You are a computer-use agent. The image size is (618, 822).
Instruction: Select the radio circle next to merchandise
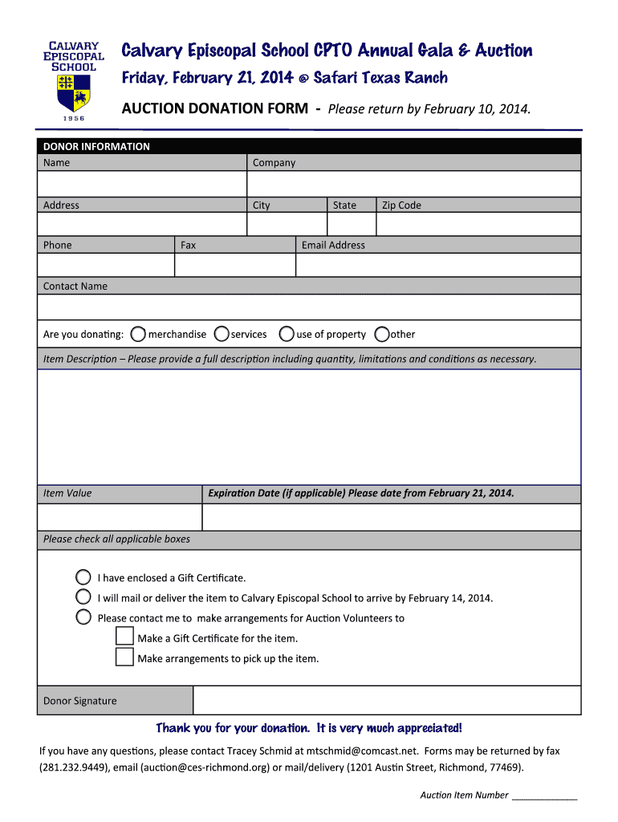click(138, 334)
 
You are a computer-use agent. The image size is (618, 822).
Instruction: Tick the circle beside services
click(222, 334)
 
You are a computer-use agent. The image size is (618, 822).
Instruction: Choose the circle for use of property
click(287, 334)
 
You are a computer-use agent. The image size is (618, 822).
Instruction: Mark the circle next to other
click(382, 334)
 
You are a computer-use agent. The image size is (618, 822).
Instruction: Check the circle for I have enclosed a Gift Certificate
click(83, 577)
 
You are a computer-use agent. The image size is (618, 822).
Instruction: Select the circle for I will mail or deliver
click(83, 597)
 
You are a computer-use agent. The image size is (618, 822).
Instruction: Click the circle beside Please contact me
click(83, 617)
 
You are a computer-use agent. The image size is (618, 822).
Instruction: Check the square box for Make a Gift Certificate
click(124, 637)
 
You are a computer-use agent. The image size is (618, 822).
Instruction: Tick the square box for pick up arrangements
click(124, 657)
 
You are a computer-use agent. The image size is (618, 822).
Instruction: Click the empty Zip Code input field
click(478, 225)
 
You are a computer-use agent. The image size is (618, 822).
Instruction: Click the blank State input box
click(352, 225)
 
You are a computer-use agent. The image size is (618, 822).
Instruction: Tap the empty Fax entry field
click(235, 265)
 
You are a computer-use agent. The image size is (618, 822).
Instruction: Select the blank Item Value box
click(120, 518)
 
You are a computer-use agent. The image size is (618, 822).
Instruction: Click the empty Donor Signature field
click(387, 700)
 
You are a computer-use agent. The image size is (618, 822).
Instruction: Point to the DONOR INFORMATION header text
click(96, 146)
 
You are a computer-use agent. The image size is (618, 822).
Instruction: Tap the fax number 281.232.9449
click(65, 767)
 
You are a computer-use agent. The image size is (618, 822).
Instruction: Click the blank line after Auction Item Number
click(544, 796)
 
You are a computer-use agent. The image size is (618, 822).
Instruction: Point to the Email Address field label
click(333, 245)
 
